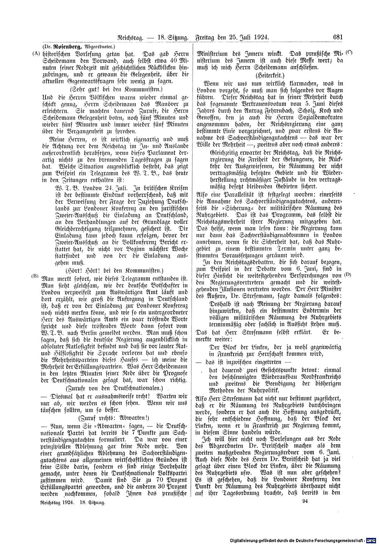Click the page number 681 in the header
coord(338,37)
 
